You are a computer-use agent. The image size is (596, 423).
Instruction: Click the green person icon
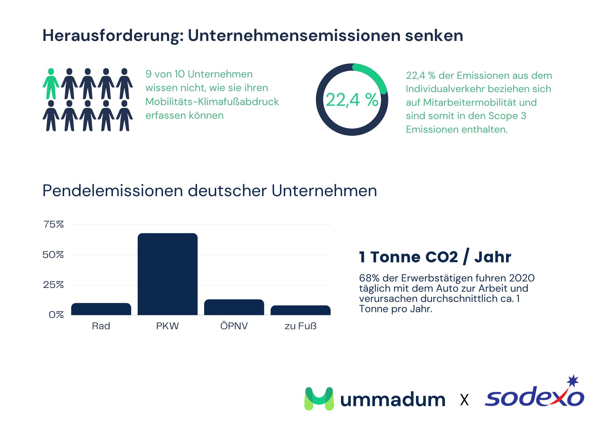51,84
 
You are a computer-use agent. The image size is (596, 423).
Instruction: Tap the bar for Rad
101,309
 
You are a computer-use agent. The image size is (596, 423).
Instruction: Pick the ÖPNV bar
234,307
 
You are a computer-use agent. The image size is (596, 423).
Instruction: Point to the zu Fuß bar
300,310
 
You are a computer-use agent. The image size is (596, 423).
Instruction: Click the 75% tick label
54,224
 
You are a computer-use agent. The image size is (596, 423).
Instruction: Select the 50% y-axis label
53,255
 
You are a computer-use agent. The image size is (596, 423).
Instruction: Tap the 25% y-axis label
53,285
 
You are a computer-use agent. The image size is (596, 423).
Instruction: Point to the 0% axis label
56,315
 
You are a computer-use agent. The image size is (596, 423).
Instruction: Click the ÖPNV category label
234,326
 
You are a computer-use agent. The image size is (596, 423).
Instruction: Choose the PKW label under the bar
167,326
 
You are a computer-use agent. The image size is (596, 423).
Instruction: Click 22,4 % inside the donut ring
352,100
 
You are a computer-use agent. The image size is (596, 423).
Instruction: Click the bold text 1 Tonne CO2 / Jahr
435,257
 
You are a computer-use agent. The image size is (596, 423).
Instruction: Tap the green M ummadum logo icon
319,398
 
